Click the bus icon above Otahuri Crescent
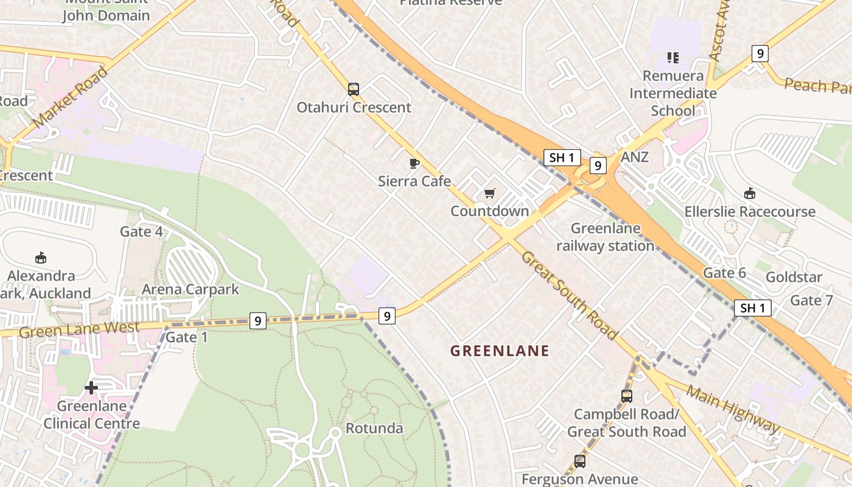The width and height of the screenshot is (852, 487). pos(354,89)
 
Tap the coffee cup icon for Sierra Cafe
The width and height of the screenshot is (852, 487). pos(414,163)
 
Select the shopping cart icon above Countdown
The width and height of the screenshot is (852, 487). pos(490,194)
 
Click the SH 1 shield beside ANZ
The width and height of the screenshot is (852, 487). pos(562,158)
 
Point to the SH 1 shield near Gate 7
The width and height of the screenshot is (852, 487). pos(753,308)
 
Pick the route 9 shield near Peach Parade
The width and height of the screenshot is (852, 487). pos(759,54)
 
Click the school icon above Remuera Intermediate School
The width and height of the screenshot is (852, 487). pos(672,58)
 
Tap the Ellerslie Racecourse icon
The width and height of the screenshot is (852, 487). pos(750,194)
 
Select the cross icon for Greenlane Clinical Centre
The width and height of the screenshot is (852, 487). pos(91,387)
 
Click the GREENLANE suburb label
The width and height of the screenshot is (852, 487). pos(500,351)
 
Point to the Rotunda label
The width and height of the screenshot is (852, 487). pos(374,428)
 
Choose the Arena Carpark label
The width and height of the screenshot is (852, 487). pos(190,289)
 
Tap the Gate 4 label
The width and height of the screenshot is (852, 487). pos(141,231)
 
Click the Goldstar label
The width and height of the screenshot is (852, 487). pos(794,277)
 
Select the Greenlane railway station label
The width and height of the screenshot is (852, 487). pos(606,237)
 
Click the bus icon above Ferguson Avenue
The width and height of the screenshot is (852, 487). pos(580,461)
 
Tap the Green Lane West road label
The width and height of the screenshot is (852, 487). pos(79,329)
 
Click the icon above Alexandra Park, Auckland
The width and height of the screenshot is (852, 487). pos(41,258)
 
